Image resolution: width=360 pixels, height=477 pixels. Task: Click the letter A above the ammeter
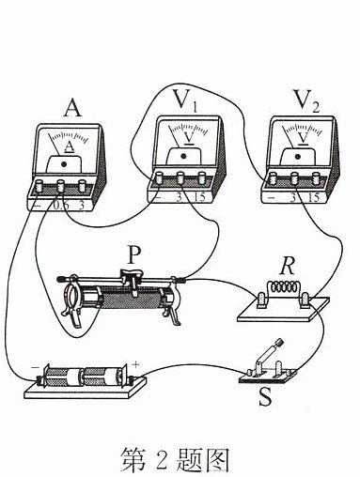click(x=72, y=107)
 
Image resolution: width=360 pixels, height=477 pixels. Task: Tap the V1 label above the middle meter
click(x=185, y=100)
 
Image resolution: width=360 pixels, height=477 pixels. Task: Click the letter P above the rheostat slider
click(x=133, y=254)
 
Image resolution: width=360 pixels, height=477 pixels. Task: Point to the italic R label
click(x=288, y=267)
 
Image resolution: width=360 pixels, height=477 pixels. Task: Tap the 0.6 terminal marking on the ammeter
click(x=59, y=206)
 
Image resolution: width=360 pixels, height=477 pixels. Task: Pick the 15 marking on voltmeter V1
click(x=199, y=197)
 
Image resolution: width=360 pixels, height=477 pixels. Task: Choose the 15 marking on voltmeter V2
click(x=314, y=197)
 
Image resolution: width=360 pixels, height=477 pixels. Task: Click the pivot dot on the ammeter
click(x=65, y=163)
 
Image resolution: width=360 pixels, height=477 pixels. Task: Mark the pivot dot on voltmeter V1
click(x=183, y=156)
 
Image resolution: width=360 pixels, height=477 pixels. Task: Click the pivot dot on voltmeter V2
click(x=298, y=156)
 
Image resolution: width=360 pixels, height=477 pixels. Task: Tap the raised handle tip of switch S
click(x=279, y=342)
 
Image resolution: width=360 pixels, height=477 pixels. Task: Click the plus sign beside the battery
click(x=135, y=364)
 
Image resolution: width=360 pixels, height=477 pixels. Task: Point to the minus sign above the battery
click(x=34, y=367)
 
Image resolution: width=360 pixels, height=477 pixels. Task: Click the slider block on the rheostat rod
click(x=130, y=276)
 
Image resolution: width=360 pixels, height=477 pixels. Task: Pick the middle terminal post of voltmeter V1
click(x=180, y=177)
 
